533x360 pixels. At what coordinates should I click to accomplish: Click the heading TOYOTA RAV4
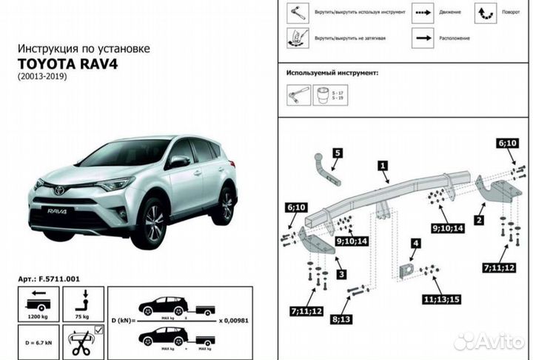(x=67, y=62)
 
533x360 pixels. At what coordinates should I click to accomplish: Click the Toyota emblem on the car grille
(x=58, y=190)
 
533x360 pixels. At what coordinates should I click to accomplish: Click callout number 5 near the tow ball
(x=337, y=153)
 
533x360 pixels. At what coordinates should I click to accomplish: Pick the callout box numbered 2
(x=480, y=220)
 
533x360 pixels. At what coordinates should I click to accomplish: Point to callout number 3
(x=341, y=274)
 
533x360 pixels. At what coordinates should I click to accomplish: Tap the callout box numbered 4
(x=415, y=243)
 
